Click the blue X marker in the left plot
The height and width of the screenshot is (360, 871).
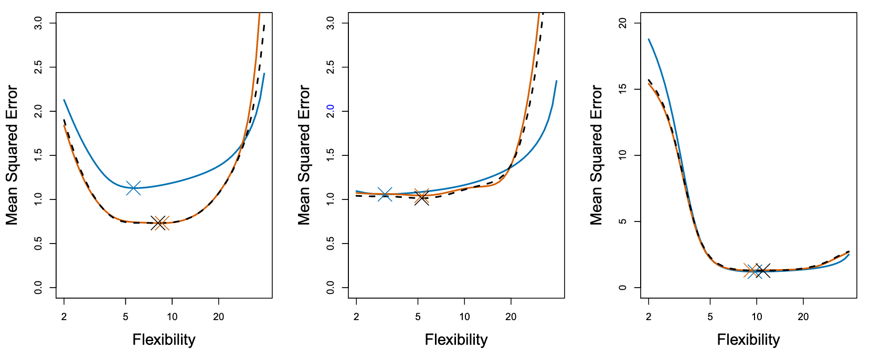click(133, 187)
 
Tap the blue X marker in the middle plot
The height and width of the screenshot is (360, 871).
click(385, 195)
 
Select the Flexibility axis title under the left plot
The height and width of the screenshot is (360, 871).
click(164, 340)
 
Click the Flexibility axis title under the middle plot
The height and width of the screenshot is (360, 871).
click(456, 340)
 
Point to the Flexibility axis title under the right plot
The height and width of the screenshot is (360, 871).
click(748, 340)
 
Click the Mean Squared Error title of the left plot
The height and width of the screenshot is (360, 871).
click(12, 155)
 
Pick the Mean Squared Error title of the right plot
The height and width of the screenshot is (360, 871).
click(597, 155)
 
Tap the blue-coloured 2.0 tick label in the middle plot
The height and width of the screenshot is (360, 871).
click(331, 111)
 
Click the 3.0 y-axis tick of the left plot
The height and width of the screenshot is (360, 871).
click(38, 23)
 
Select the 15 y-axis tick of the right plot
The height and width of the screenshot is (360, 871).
click(623, 89)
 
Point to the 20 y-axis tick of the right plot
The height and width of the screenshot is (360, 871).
click(623, 23)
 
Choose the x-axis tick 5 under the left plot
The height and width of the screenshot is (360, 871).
click(125, 316)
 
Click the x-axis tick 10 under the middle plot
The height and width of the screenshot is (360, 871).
click(464, 316)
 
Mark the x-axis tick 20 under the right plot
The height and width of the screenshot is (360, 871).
click(803, 316)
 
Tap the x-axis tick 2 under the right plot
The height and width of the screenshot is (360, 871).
click(649, 316)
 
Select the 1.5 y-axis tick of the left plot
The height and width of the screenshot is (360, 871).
click(38, 155)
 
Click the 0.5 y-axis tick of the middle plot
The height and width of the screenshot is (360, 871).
click(331, 243)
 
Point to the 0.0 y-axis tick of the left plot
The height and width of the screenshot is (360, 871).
click(38, 288)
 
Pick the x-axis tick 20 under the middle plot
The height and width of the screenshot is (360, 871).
click(511, 316)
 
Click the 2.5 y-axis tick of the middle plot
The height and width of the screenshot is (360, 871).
click(331, 67)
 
